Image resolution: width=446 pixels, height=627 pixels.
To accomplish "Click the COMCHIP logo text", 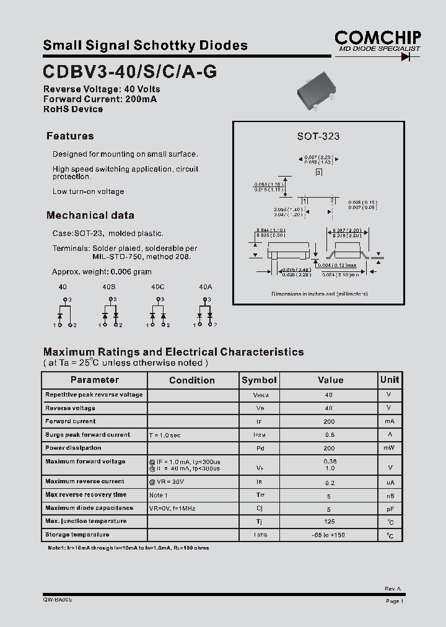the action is pos(377,37).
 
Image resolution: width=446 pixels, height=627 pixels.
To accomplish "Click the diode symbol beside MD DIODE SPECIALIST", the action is pos(406,56).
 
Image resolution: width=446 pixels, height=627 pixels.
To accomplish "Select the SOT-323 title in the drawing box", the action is pos(318,136).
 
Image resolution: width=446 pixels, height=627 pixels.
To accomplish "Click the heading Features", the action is pos(70,136).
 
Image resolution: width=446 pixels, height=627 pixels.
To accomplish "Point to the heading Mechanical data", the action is pos(90,216).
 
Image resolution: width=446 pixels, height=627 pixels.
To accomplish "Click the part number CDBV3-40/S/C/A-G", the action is pos(130,71).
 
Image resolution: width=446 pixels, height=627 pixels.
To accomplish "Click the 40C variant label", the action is pos(157,287).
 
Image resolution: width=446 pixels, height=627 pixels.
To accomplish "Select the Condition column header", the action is pos(192,380).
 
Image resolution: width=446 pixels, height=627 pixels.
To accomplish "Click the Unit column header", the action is pos(390,380).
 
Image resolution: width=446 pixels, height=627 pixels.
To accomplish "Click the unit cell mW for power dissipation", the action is pos(389,448).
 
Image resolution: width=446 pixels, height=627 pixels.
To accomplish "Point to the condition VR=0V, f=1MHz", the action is pos(172,509).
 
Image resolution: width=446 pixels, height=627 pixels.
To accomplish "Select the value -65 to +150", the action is pos(329,535).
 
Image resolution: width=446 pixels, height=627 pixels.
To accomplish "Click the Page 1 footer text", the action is pos(395,601).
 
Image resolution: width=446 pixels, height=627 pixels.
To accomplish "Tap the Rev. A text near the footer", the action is pos(393,589).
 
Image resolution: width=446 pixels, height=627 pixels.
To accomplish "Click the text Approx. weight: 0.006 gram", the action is pos(102,272).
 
